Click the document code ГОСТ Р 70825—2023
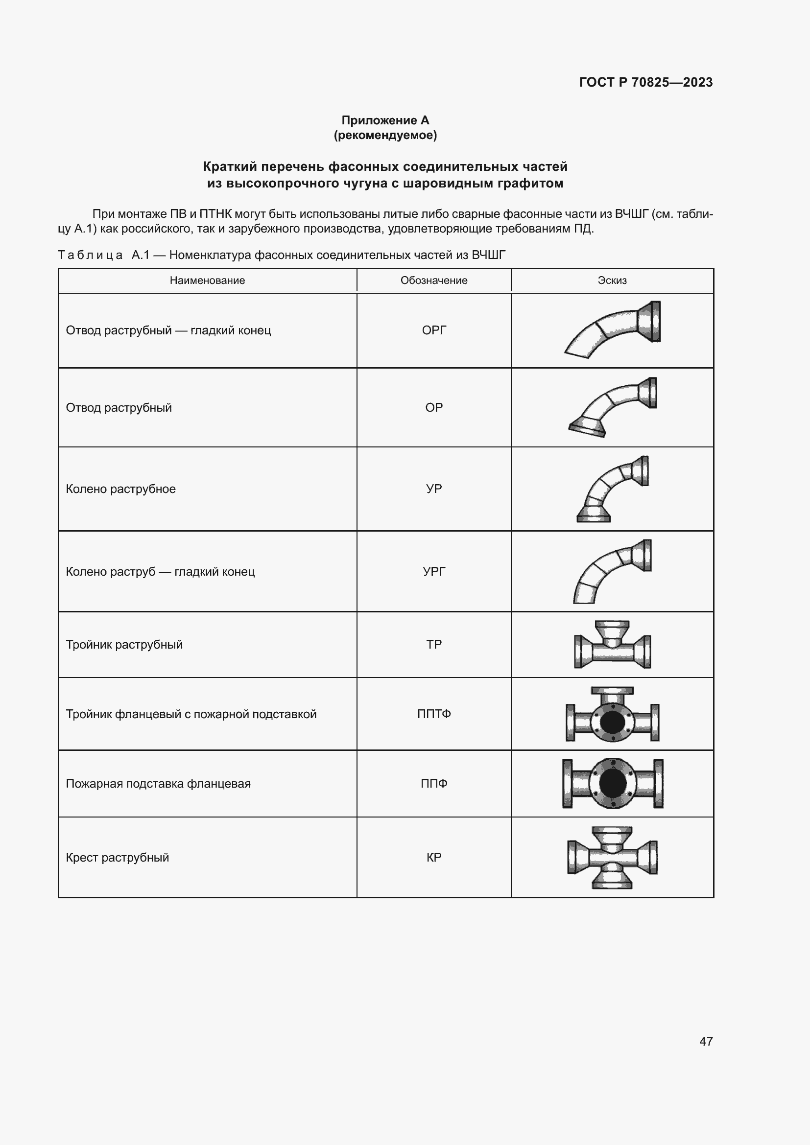[x=645, y=82]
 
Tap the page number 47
[x=706, y=1041]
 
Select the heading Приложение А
[x=385, y=120]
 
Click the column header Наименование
[x=207, y=280]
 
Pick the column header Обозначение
[x=433, y=280]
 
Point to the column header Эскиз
[x=612, y=280]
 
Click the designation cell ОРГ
[x=433, y=330]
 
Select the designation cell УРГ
[x=433, y=571]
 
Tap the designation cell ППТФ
[x=433, y=714]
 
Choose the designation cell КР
[x=433, y=857]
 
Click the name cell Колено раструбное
[x=120, y=489]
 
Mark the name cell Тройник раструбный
[x=124, y=644]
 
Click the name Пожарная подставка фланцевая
[x=158, y=783]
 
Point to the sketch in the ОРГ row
[x=613, y=329]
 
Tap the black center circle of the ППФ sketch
[x=613, y=783]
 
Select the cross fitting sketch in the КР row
[x=613, y=857]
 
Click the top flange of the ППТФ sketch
[x=612, y=691]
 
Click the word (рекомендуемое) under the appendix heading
[x=385, y=135]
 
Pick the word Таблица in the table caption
[x=90, y=256]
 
